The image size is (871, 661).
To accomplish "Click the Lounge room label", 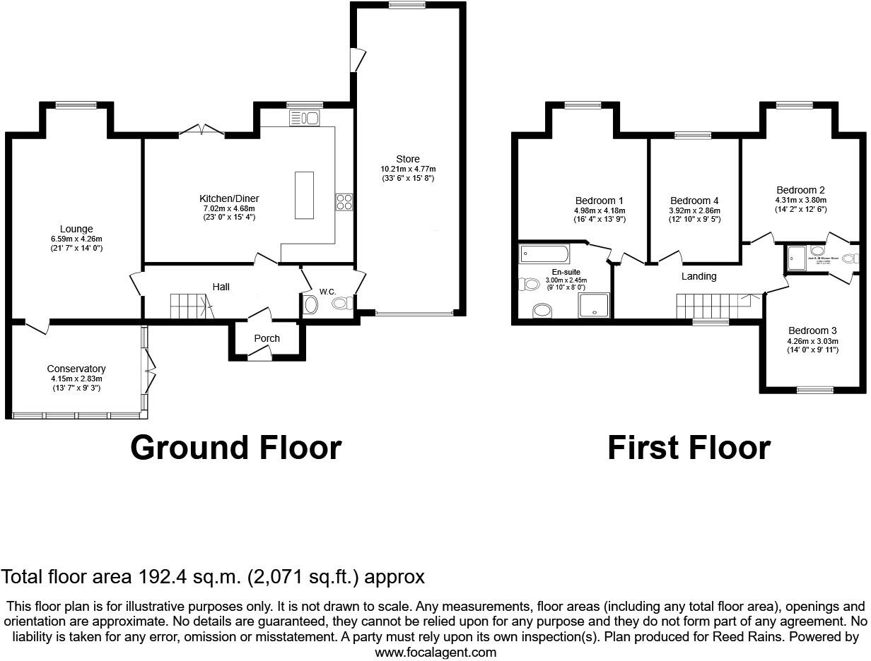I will tap(76, 230).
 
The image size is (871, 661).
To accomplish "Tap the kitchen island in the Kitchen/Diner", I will tap(304, 195).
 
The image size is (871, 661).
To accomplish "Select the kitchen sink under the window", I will tap(305, 118).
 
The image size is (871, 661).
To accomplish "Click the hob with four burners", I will tap(344, 203).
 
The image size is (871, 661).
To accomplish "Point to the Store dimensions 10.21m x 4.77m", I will tap(408, 169).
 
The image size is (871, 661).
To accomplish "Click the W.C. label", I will tap(327, 292).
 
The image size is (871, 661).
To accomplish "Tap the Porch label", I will tap(267, 338).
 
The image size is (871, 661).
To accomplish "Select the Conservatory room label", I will tap(76, 369).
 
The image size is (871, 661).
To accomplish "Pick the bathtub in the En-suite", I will tap(544, 254).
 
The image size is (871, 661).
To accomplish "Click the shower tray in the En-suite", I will tap(594, 306).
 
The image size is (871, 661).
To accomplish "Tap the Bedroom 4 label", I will tap(694, 201).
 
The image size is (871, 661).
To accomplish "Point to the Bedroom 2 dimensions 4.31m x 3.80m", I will tap(800, 200).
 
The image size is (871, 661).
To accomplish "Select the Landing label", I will tap(698, 276).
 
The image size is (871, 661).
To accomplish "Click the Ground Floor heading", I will tap(235, 448).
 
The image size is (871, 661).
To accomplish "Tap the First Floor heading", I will tap(689, 448).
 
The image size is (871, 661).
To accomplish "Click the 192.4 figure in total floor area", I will tap(154, 577).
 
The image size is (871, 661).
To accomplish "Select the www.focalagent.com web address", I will tap(435, 653).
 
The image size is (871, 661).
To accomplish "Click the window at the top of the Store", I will tap(407, 6).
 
